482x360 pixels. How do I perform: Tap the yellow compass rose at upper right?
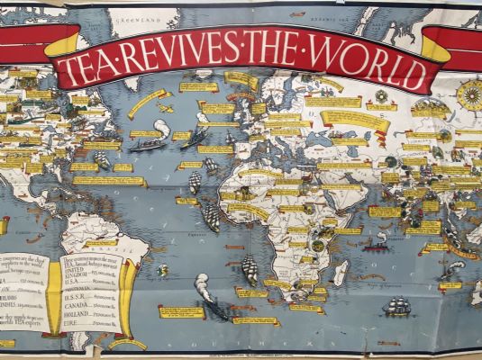[x=468, y=94]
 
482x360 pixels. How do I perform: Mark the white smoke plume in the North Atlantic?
[x=162, y=129]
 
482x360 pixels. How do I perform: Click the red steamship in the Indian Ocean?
[x=376, y=244]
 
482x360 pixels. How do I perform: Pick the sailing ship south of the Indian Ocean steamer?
[x=396, y=306]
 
